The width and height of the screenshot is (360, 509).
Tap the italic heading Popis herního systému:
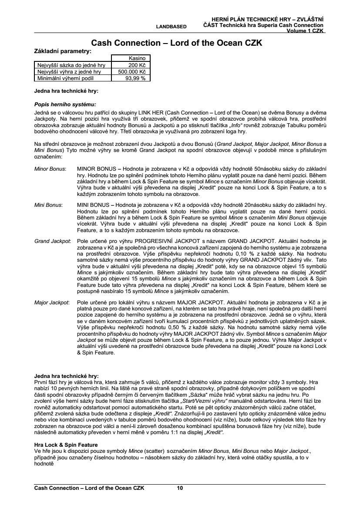click(65, 104)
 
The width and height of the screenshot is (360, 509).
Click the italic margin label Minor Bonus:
click(50, 168)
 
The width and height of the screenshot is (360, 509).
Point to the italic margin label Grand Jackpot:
click(52, 241)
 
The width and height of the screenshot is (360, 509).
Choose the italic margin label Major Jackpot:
click(52, 301)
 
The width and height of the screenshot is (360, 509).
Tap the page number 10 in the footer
click(180, 488)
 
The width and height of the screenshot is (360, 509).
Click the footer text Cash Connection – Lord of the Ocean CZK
click(89, 488)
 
